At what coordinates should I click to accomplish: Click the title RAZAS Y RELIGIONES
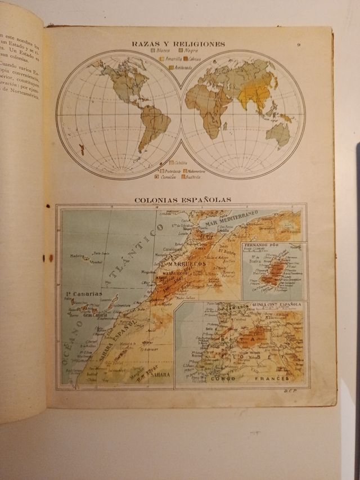click(x=178, y=44)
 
